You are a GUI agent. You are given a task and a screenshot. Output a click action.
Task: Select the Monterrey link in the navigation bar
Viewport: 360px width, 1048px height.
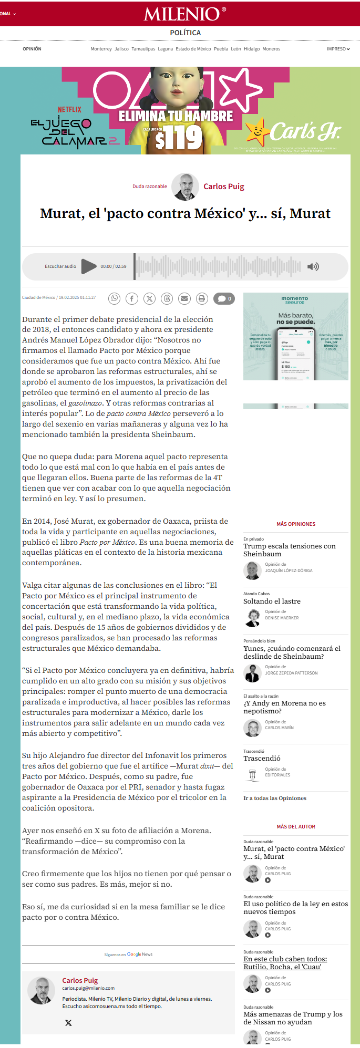click(101, 49)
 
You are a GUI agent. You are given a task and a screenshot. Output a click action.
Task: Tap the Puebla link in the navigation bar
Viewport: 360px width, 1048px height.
click(221, 49)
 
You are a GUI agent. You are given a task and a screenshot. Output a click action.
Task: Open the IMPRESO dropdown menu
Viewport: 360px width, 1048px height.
click(338, 49)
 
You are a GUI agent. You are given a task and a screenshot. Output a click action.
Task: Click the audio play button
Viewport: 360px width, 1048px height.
click(89, 266)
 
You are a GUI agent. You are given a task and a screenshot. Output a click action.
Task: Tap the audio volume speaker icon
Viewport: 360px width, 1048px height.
click(313, 266)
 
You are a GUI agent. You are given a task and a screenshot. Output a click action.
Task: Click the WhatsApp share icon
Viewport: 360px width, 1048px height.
click(114, 298)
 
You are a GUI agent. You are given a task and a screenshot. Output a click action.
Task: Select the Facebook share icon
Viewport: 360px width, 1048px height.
click(132, 298)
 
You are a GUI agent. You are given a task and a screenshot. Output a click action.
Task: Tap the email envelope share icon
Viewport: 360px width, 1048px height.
click(184, 298)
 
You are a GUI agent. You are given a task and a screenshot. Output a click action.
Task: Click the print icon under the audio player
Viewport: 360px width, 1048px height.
click(202, 298)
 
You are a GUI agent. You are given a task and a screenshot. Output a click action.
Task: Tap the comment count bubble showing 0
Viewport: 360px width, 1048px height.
click(224, 298)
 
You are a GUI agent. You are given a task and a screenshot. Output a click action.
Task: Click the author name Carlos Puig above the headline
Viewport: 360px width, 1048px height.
click(224, 186)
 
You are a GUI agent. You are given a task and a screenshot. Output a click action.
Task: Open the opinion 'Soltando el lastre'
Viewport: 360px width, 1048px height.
click(272, 601)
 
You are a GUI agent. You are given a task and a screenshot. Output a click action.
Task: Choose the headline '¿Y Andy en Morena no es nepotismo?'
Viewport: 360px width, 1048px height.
click(284, 707)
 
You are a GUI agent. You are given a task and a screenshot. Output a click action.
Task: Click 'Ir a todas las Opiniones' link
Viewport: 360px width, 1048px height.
click(275, 798)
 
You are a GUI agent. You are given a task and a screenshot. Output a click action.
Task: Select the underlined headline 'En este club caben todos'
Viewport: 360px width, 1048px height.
click(285, 962)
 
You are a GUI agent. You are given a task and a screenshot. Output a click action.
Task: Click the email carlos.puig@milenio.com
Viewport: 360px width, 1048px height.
click(88, 988)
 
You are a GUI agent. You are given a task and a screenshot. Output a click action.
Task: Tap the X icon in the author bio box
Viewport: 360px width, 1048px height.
click(68, 1023)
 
